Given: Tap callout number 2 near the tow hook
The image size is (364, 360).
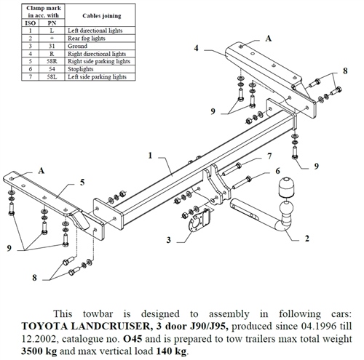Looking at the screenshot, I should (x=307, y=238).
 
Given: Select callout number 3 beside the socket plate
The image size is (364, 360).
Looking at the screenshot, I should (x=168, y=239).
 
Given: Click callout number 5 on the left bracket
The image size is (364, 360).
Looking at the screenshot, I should (x=82, y=182).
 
